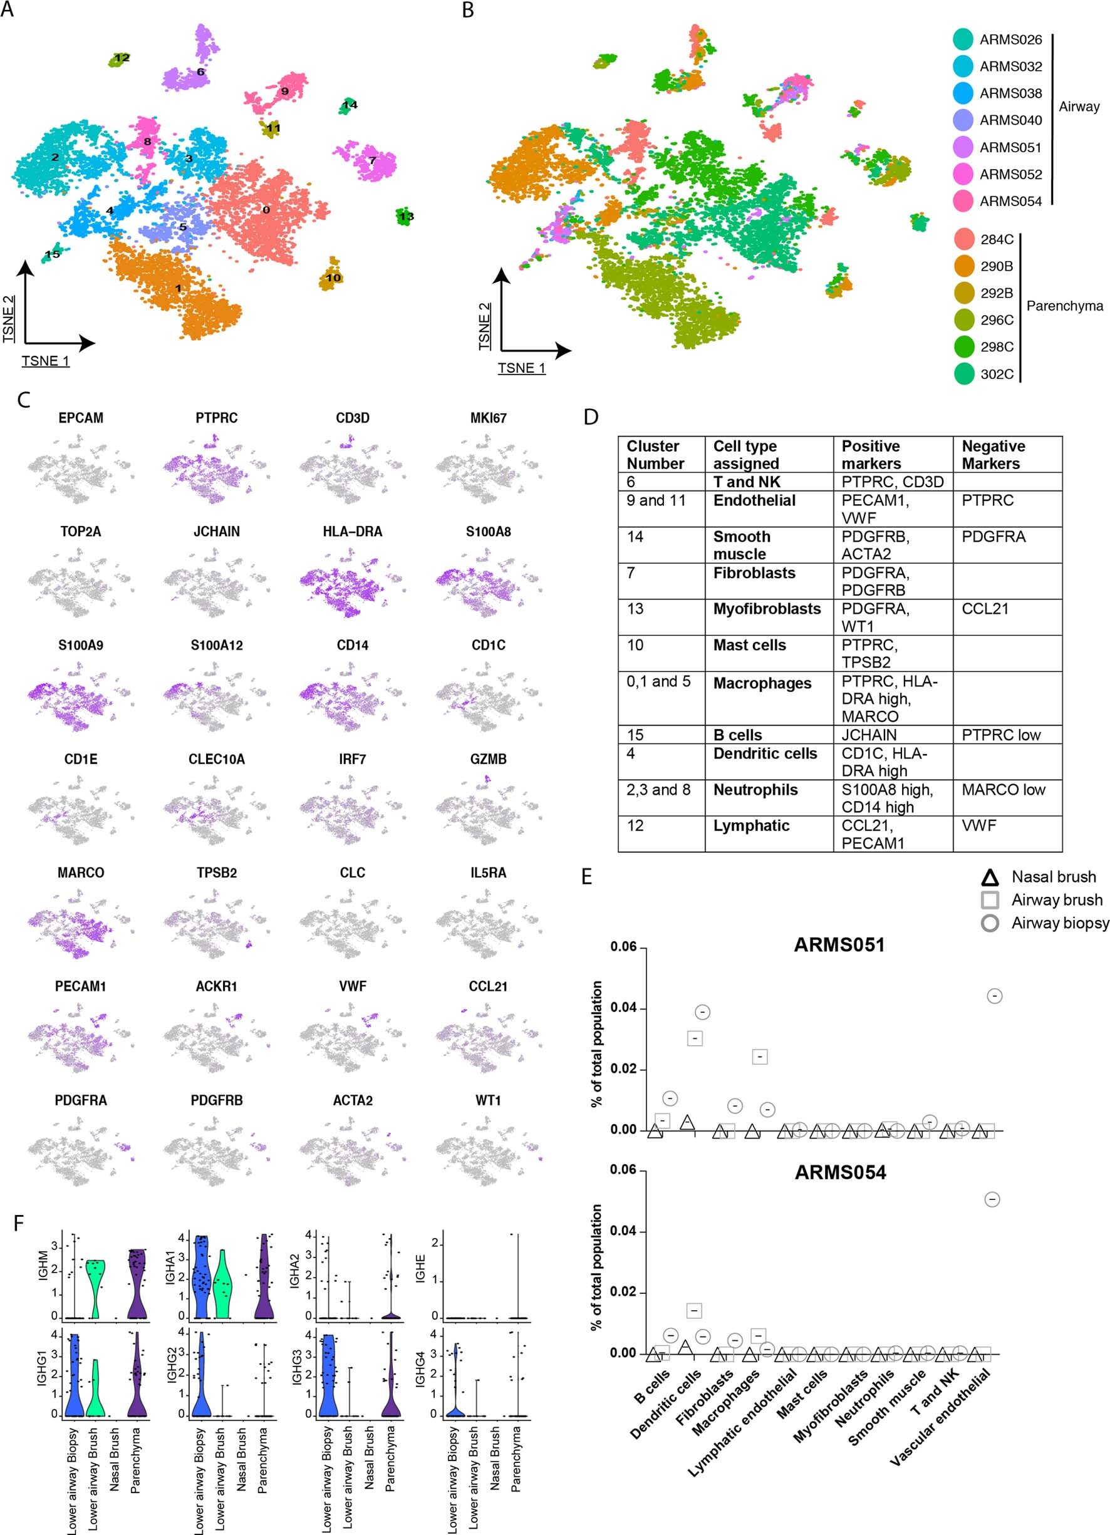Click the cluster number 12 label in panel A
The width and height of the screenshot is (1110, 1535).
(122, 58)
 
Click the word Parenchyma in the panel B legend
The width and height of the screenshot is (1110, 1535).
(1064, 306)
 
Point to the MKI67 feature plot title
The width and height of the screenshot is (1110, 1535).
(488, 418)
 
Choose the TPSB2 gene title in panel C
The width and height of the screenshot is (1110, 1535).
(217, 873)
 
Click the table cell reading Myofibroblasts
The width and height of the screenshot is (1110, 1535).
(766, 609)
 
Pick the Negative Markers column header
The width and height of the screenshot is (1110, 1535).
(993, 455)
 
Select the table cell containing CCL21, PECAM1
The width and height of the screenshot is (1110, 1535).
(873, 834)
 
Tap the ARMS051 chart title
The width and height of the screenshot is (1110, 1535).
(839, 945)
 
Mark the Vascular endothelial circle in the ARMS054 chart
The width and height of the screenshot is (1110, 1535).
(992, 1199)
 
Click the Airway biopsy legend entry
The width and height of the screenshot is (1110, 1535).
(1059, 923)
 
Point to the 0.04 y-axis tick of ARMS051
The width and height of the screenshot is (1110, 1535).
(623, 1008)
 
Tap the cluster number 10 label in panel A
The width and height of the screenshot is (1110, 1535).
(333, 277)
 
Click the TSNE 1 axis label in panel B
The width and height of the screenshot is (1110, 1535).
(521, 368)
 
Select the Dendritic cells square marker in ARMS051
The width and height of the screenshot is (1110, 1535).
(695, 1038)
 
